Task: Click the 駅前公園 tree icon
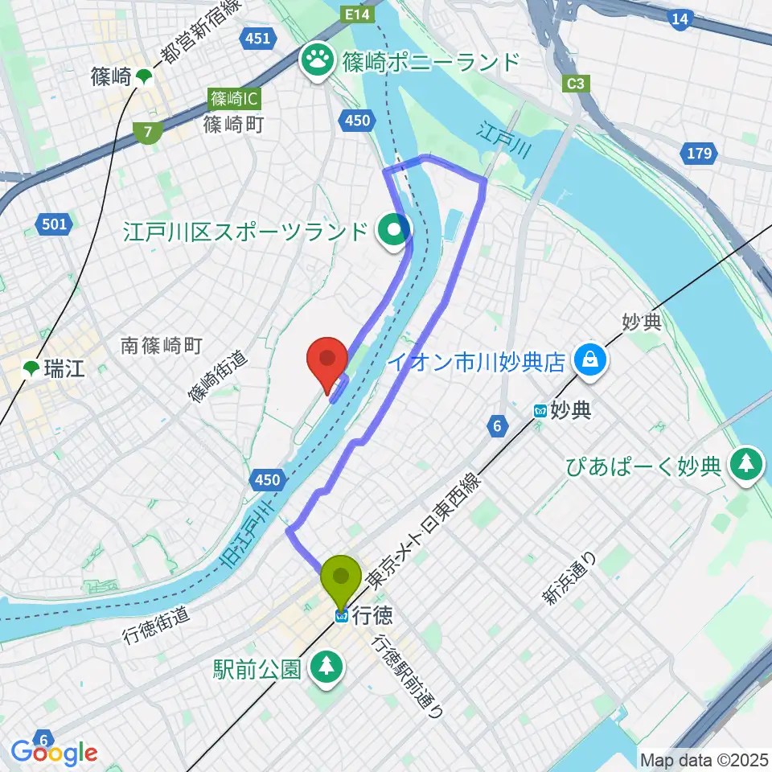click(326, 665)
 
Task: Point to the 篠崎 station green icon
click(144, 77)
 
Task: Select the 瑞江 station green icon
click(31, 369)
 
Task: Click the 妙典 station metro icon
click(540, 411)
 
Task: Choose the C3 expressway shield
click(574, 82)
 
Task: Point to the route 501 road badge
click(54, 224)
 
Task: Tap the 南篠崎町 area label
click(161, 346)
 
